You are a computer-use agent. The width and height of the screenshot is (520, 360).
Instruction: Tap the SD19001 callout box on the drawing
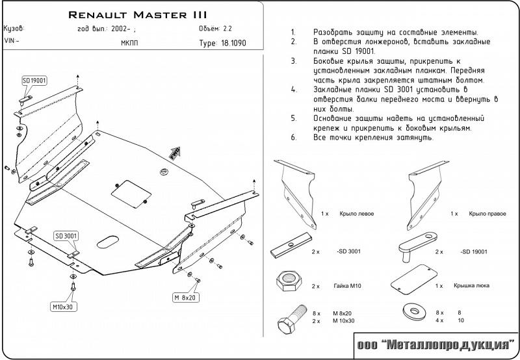pos(34,80)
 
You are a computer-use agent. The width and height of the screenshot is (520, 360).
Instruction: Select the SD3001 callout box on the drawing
pos(66,235)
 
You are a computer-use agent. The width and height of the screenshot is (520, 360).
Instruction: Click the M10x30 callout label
pos(63,306)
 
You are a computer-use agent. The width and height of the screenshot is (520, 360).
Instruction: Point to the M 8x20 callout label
pos(186,298)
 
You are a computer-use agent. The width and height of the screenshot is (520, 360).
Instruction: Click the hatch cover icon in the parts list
pos(411,278)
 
